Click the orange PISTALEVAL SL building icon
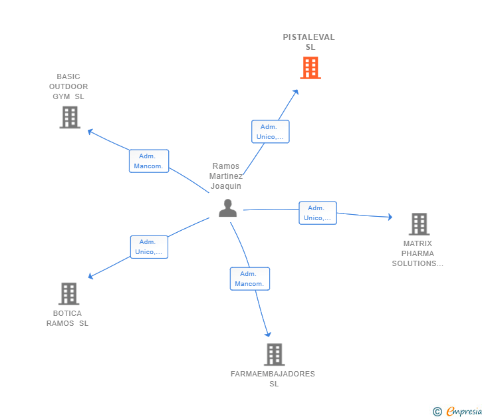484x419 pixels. click(310, 68)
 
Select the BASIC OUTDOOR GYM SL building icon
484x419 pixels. click(70, 117)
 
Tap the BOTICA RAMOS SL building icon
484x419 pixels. click(69, 294)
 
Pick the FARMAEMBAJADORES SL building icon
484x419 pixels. click(275, 354)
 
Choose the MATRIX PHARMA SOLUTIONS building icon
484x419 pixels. click(420, 224)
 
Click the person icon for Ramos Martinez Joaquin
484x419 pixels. click(228, 208)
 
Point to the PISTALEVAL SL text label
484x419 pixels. click(309, 42)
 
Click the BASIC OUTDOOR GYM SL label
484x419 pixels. click(68, 86)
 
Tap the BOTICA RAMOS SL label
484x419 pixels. click(67, 319)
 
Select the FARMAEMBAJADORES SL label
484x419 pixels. click(273, 379)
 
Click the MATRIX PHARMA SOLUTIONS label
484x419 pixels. click(418, 253)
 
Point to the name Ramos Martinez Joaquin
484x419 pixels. click(226, 176)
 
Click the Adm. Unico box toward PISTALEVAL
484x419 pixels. click(271, 132)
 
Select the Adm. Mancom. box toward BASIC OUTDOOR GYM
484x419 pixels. click(149, 161)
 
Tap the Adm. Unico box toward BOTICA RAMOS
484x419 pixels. click(149, 247)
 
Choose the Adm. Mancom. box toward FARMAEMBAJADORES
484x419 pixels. click(250, 279)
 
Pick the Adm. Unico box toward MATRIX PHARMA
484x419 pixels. click(318, 213)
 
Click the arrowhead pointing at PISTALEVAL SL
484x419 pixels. click(296, 92)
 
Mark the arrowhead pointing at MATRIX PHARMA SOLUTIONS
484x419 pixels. click(390, 217)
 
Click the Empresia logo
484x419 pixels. click(457, 412)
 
